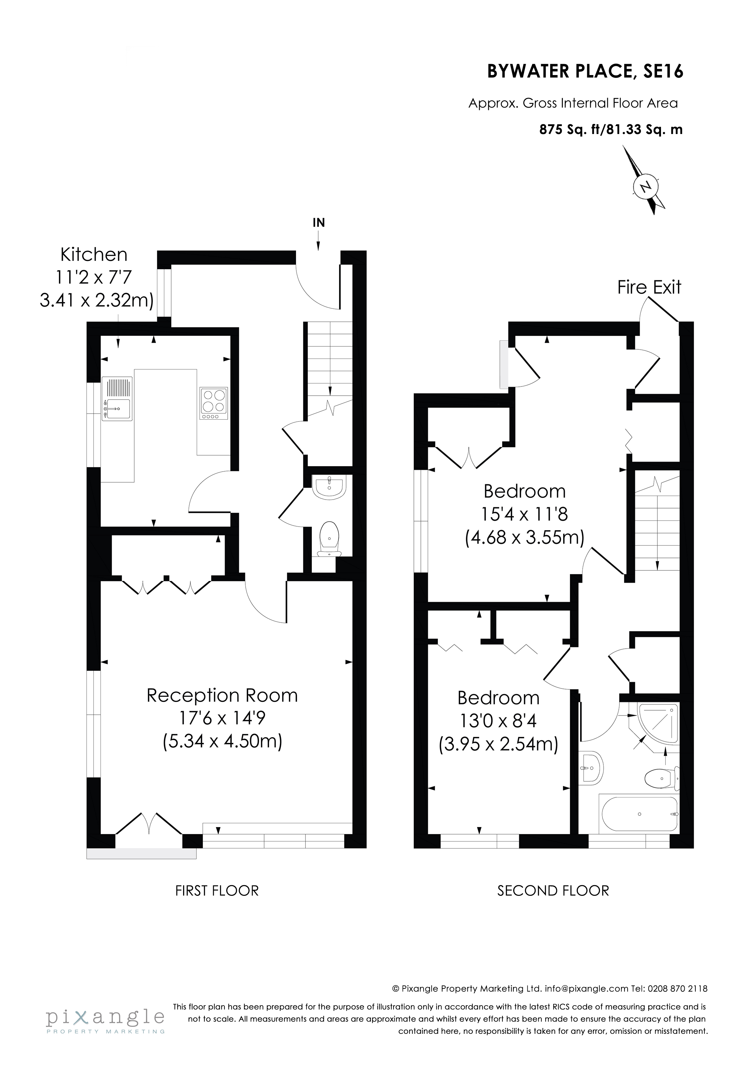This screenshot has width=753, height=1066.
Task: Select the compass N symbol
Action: [645, 186]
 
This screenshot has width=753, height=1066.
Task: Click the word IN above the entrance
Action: [319, 222]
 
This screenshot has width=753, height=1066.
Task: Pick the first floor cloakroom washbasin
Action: [329, 487]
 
